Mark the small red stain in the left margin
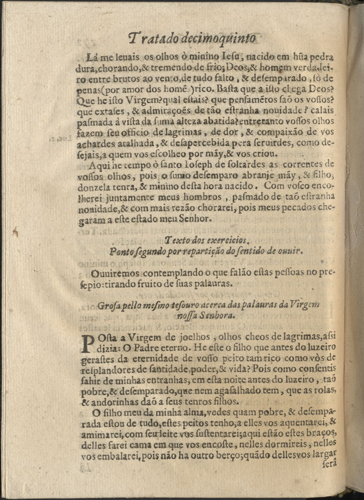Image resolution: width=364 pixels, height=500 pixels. [16, 232]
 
